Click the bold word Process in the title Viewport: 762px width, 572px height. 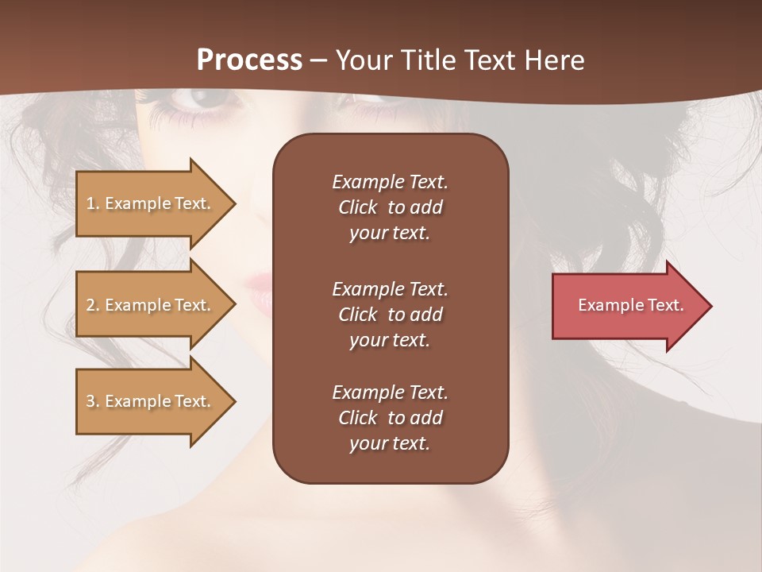[x=249, y=60]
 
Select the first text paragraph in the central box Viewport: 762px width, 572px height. [x=390, y=207]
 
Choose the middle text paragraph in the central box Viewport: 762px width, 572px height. [x=390, y=315]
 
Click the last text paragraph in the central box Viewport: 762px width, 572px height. [x=390, y=418]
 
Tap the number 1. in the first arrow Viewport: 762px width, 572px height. [x=93, y=203]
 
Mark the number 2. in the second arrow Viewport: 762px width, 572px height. [x=93, y=305]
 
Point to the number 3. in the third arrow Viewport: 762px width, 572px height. [x=93, y=401]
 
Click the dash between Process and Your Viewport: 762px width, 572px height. [x=318, y=60]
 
